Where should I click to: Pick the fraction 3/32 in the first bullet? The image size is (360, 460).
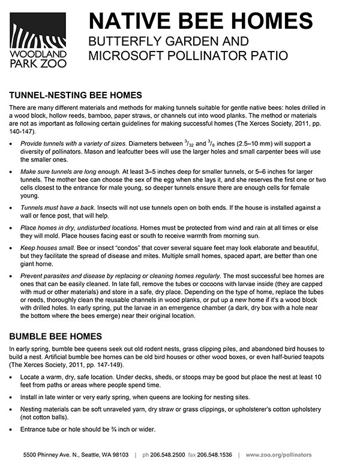pyautogui.click(x=210, y=143)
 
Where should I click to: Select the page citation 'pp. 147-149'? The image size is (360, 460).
pyautogui.click(x=95, y=363)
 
